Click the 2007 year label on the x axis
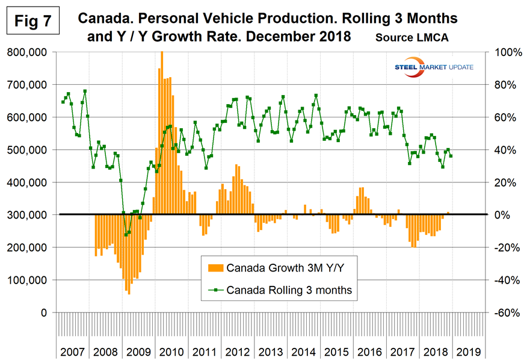click(x=73, y=350)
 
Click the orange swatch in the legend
click(x=213, y=267)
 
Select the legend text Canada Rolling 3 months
click(x=289, y=290)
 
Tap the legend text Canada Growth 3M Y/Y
click(x=285, y=267)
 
